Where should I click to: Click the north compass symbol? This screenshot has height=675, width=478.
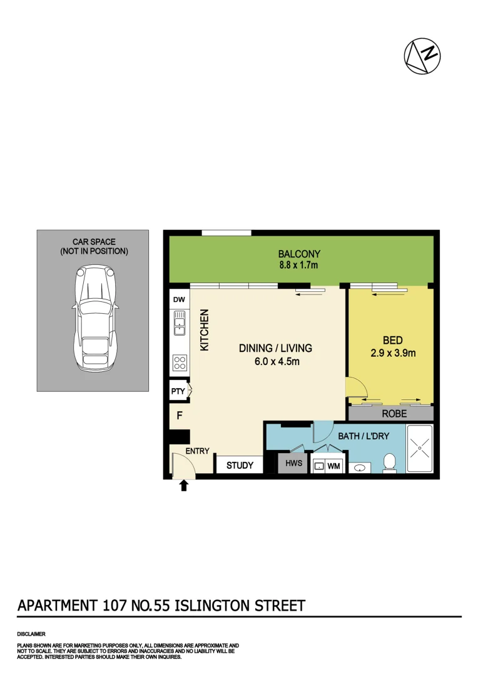pos(422,57)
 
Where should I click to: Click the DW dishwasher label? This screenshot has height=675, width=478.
pos(179,300)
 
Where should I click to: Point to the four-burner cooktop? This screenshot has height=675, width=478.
pos(180,363)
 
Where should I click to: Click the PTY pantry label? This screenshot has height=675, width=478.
pos(178,392)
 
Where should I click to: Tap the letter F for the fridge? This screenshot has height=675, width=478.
pos(179,415)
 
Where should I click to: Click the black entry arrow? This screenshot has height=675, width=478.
pos(184,485)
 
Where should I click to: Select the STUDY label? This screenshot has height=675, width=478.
pos(240,465)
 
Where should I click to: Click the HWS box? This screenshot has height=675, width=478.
pos(293,463)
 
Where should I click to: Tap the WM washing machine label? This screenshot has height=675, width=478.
pos(333,466)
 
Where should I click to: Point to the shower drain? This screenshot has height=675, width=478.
pos(419,448)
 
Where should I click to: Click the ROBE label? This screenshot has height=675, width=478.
pos(394,414)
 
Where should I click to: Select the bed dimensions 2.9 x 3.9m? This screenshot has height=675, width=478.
pos(393,353)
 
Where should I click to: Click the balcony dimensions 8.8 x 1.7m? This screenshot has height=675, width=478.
pos(299,266)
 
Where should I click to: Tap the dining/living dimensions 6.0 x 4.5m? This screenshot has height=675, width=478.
pos(275,361)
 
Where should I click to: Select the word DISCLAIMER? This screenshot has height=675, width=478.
pos(31,634)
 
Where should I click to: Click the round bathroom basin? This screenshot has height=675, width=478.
pos(360,467)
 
